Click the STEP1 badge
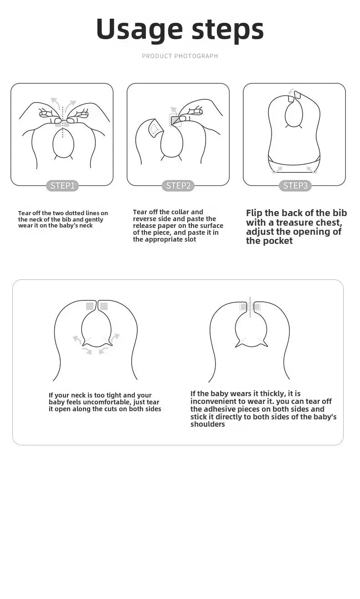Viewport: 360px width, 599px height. click(x=62, y=186)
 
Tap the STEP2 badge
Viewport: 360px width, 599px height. click(x=178, y=186)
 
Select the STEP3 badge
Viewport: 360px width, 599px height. click(x=295, y=186)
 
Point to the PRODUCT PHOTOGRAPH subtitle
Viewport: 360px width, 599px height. click(x=180, y=56)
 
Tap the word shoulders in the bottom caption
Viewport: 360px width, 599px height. click(x=208, y=424)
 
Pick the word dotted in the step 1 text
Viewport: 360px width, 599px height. click(x=74, y=213)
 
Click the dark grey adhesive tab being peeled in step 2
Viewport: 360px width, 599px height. click(x=175, y=120)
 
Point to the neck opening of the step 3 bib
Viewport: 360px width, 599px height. click(x=294, y=113)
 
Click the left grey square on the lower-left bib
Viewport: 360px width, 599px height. click(x=90, y=306)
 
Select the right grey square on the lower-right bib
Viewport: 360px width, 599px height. click(x=257, y=306)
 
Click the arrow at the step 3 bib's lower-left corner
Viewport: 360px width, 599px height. click(x=278, y=170)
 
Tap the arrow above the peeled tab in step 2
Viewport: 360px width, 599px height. click(x=174, y=110)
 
